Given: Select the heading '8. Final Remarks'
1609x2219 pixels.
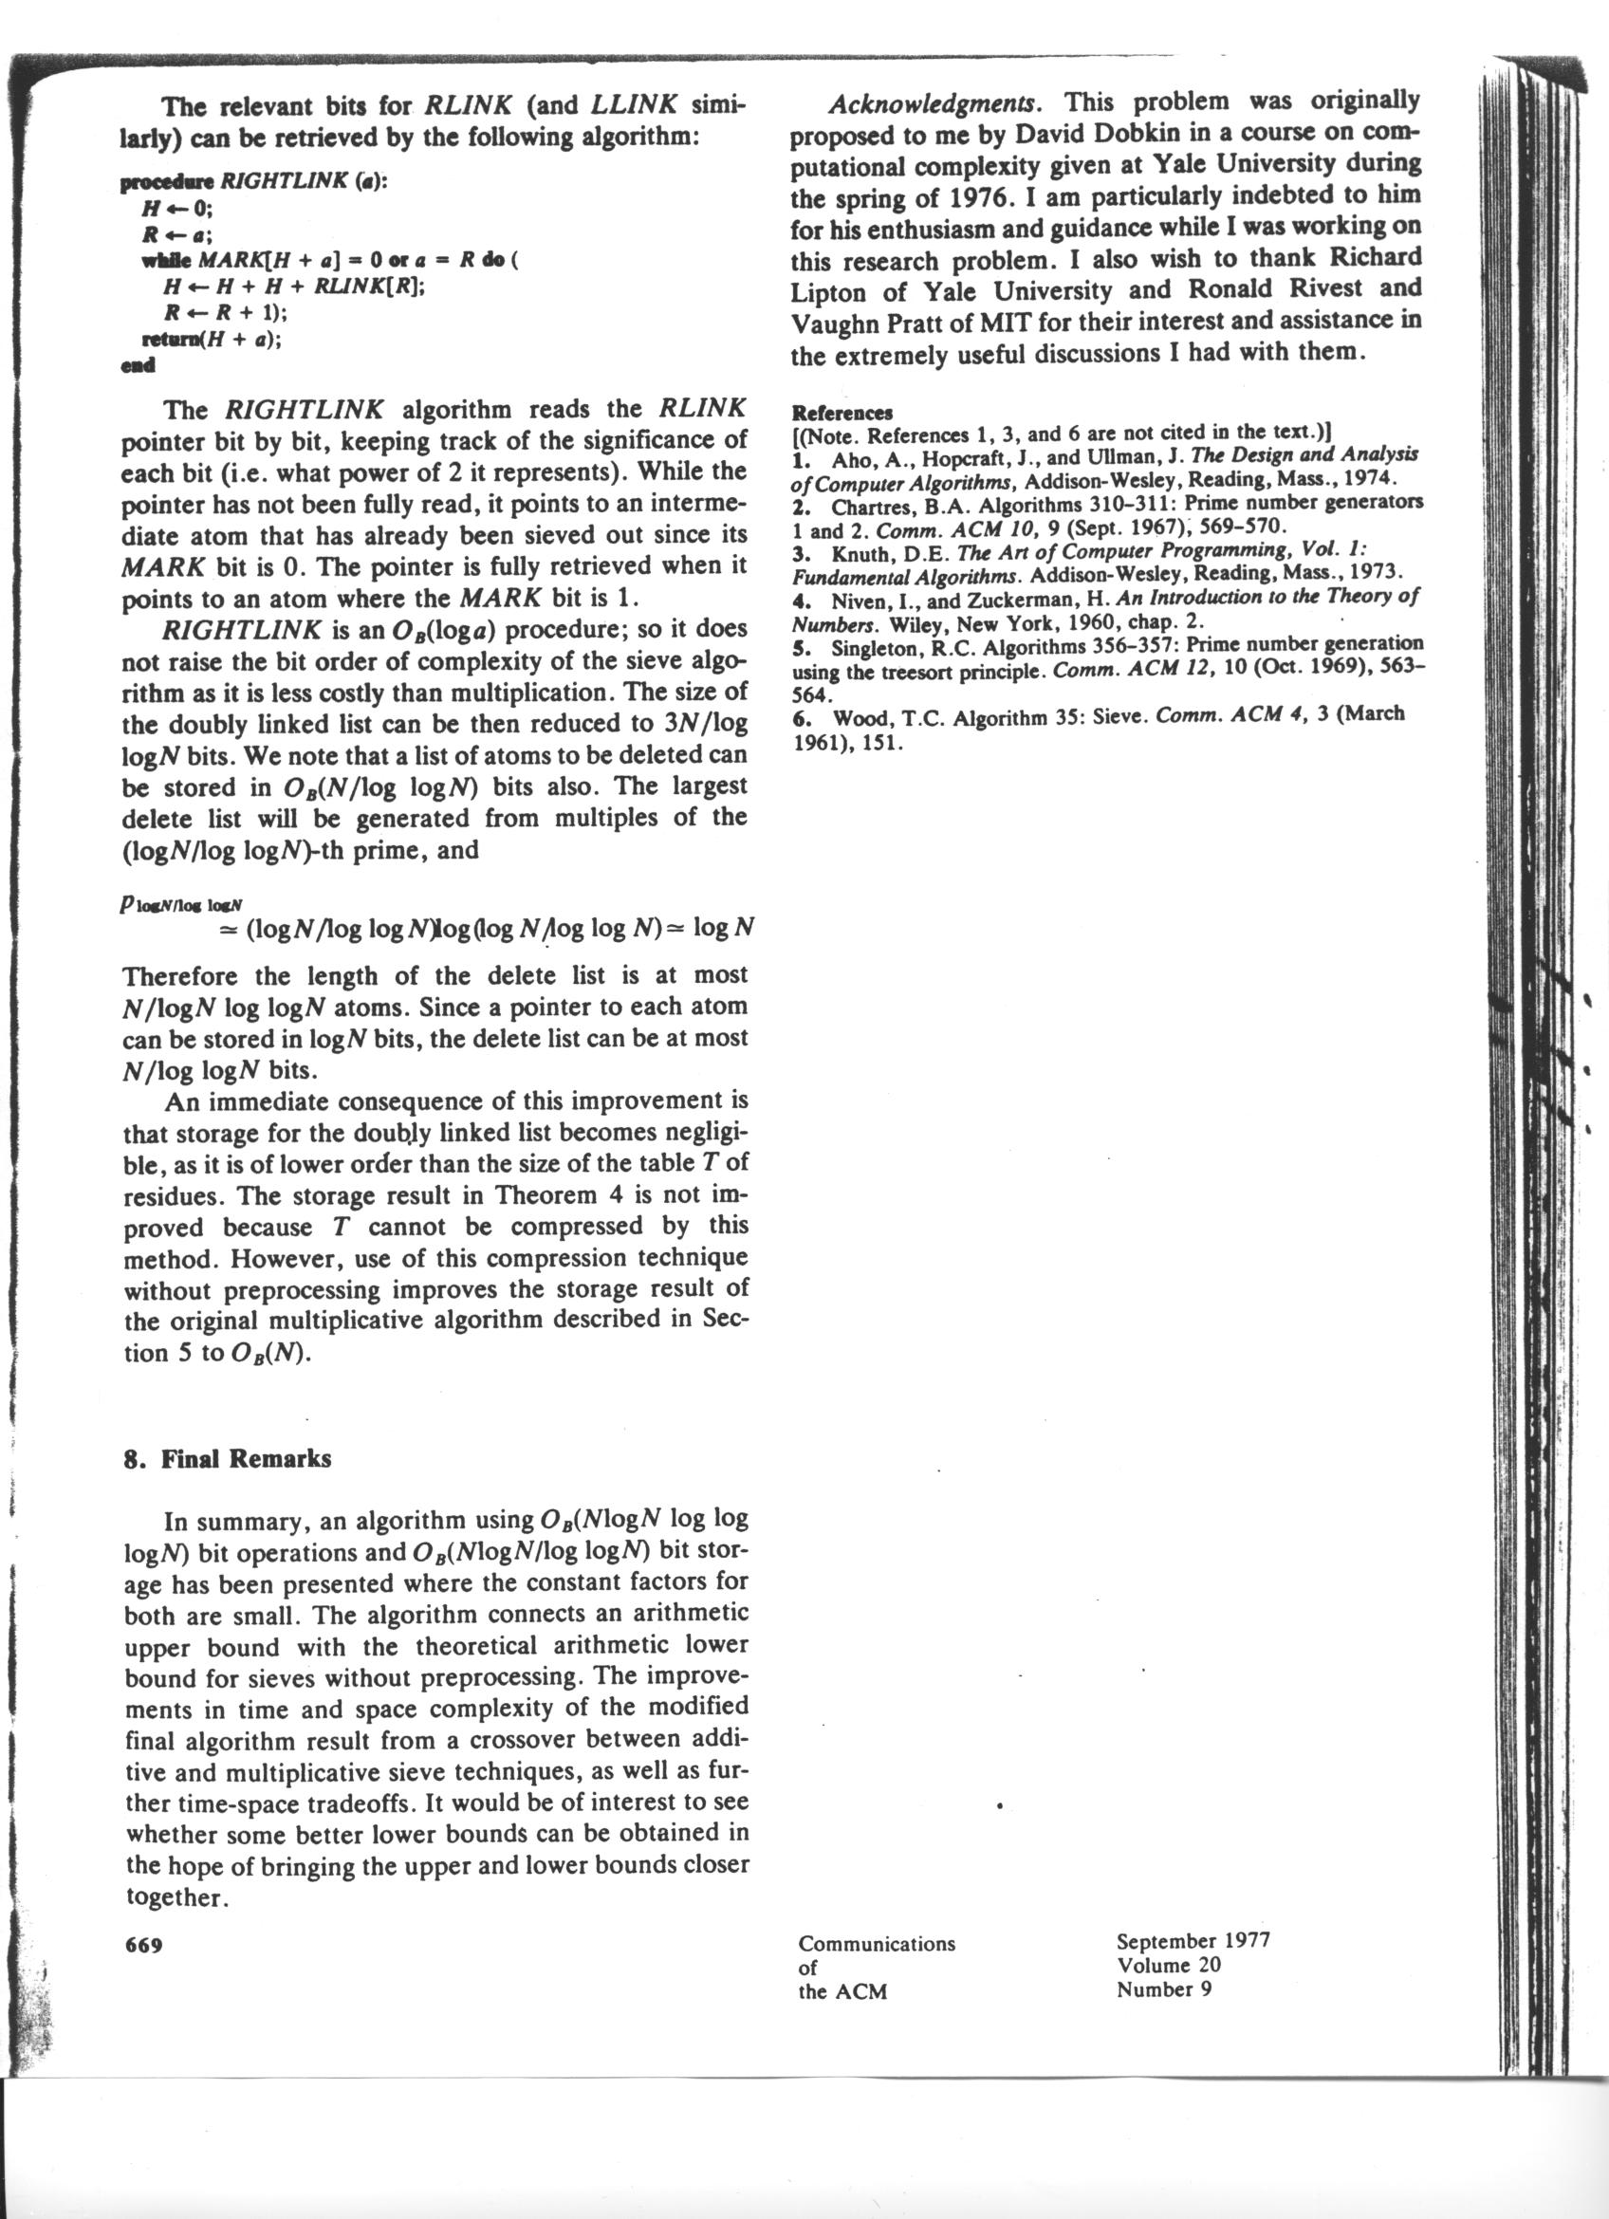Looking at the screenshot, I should [x=228, y=1459].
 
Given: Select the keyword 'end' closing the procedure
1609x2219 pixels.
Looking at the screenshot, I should [x=138, y=366].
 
